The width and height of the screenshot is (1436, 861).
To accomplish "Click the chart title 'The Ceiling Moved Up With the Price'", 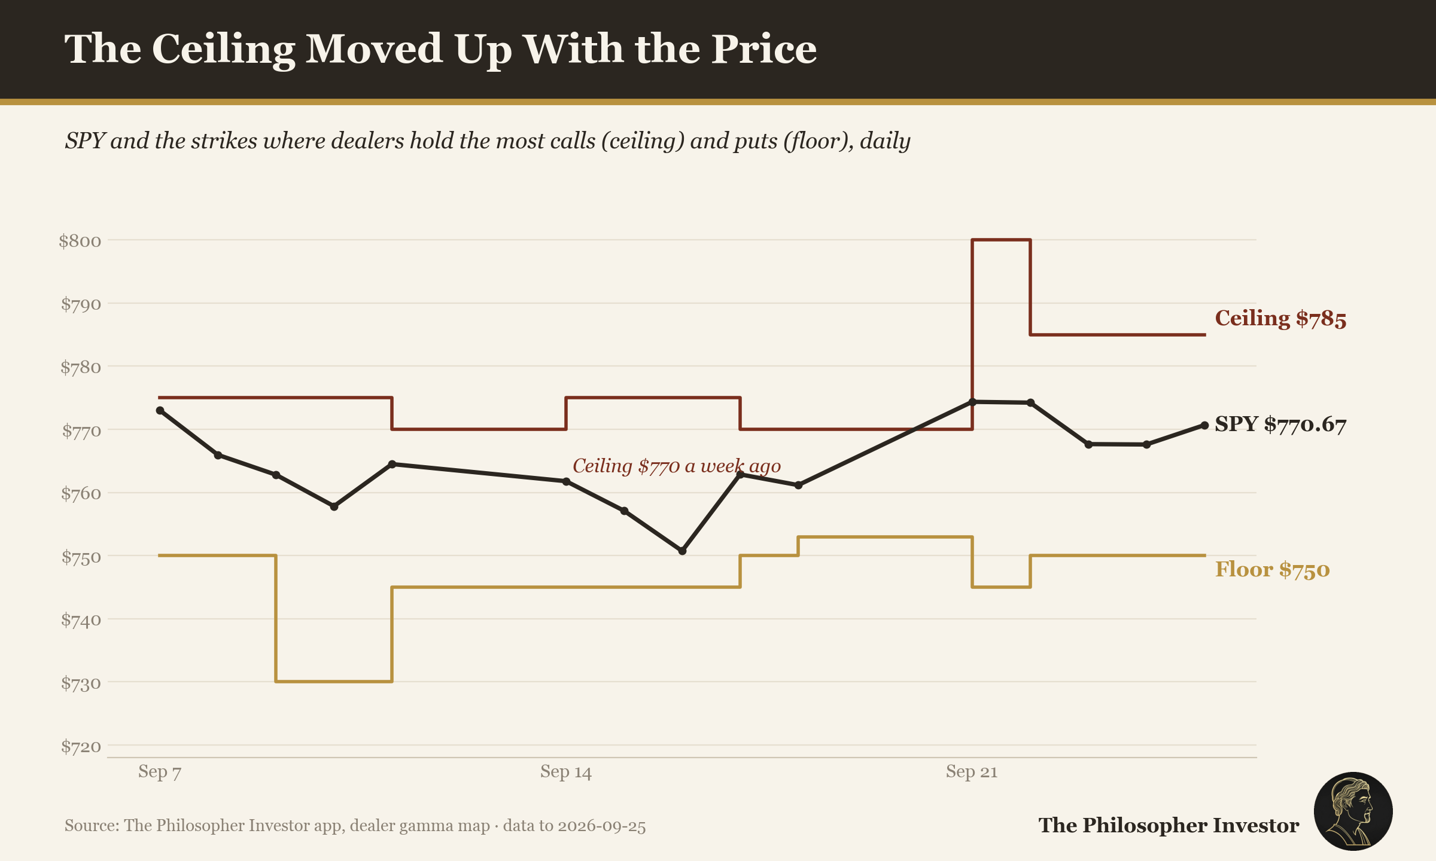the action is (440, 50).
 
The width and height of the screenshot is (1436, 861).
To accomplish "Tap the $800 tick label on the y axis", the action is (80, 241).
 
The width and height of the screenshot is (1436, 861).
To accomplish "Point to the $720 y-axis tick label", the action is (81, 746).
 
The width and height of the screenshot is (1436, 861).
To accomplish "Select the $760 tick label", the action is (81, 494).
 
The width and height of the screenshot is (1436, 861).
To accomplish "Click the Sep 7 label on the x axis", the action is (160, 772).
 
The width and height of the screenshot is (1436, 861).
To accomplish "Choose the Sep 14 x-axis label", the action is (566, 772).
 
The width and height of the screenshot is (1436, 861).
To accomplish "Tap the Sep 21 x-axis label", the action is (972, 772).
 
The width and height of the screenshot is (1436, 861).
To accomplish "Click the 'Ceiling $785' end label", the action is (1280, 319).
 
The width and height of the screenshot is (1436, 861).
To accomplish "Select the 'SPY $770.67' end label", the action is (1280, 425).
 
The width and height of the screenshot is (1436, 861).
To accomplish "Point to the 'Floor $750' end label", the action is (1272, 569).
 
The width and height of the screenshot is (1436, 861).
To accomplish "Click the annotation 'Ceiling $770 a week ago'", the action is (677, 466).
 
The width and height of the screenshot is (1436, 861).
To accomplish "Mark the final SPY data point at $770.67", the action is (1204, 426).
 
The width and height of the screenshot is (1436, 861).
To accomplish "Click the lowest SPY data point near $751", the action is (682, 551).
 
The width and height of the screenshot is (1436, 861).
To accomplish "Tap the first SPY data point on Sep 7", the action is (160, 411).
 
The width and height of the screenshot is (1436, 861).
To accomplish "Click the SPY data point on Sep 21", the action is (972, 402).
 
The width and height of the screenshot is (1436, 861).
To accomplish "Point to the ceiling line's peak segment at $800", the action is (1001, 240).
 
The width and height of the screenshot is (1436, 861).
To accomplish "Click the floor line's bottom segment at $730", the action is (334, 682).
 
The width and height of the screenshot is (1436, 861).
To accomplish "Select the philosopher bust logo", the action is (1353, 811).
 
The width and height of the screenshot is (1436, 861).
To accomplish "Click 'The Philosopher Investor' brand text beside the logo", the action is (1169, 826).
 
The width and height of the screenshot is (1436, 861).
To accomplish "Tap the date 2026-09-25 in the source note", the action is (602, 826).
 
